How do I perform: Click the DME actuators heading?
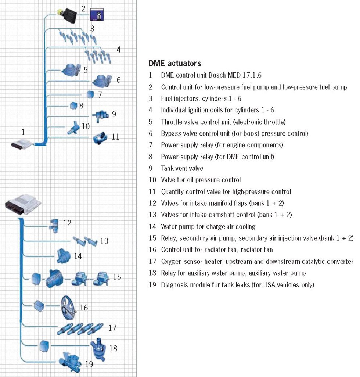click(174, 63)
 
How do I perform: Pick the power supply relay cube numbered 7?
click(90, 94)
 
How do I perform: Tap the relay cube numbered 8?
click(73, 106)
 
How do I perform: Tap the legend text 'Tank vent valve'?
click(182, 168)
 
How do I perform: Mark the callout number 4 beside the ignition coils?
click(118, 49)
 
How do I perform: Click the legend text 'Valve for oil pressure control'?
click(201, 180)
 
